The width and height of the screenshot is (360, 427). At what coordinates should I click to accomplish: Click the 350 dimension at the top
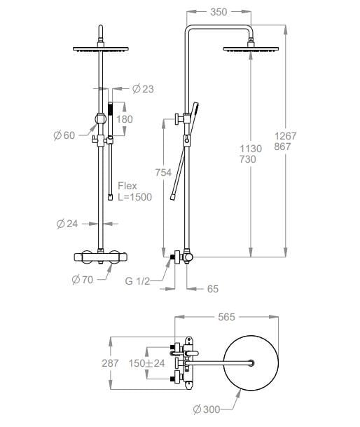(219, 12)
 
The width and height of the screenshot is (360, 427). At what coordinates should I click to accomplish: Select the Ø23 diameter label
(143, 89)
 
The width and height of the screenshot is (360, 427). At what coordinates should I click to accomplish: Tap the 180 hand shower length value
(125, 119)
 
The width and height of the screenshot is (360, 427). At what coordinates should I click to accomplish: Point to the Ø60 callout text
(64, 135)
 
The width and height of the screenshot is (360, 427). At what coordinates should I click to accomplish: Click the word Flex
(127, 186)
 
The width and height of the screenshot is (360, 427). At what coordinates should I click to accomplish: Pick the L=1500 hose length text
(135, 197)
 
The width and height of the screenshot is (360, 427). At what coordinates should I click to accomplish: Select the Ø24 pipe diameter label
(67, 224)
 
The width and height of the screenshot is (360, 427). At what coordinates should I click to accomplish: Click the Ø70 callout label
(83, 280)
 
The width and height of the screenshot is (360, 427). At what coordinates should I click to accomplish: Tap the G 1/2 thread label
(137, 280)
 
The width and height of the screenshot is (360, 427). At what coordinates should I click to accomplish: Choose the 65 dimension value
(213, 289)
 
